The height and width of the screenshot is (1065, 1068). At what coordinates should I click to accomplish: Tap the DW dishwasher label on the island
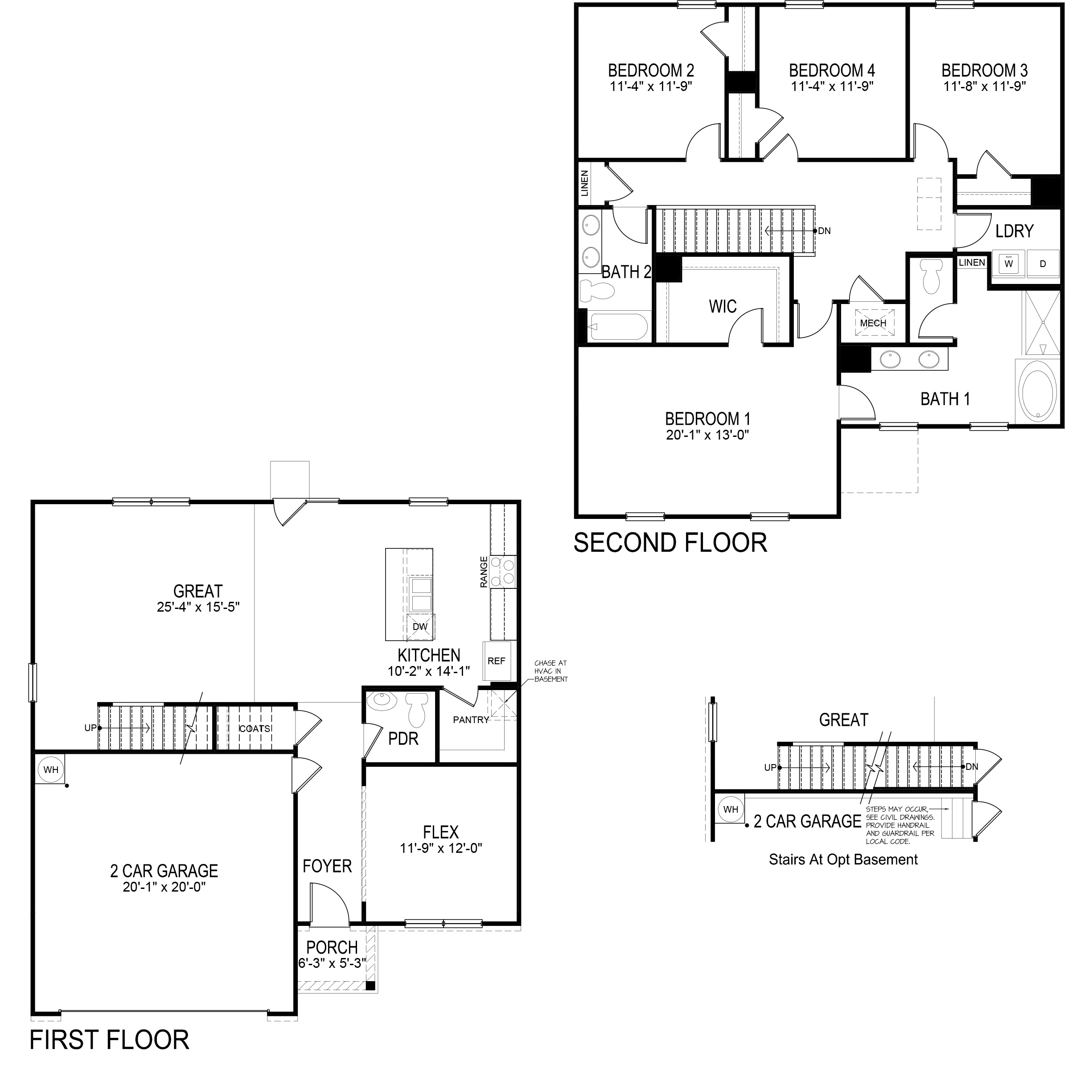420,626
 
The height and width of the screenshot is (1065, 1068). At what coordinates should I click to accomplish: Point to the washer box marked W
1008,264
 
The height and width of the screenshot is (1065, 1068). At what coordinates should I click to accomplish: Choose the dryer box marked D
1043,264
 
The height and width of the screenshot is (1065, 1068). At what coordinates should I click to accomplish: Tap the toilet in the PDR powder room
417,711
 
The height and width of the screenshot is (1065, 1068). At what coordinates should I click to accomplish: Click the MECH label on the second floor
873,323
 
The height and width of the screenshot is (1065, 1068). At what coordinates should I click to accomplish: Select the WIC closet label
723,306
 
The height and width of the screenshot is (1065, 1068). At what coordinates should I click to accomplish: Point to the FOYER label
327,866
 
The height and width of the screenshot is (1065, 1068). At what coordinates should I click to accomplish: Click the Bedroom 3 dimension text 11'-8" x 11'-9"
985,86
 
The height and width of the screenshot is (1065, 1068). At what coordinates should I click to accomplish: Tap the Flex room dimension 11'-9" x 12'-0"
441,848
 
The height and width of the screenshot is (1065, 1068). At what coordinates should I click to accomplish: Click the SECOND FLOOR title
670,543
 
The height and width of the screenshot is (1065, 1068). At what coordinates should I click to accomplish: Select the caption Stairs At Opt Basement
843,859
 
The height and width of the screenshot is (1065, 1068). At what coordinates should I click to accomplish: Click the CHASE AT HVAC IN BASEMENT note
550,671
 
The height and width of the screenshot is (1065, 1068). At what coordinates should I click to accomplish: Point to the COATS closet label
254,729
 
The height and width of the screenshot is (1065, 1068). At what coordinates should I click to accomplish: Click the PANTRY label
471,720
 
